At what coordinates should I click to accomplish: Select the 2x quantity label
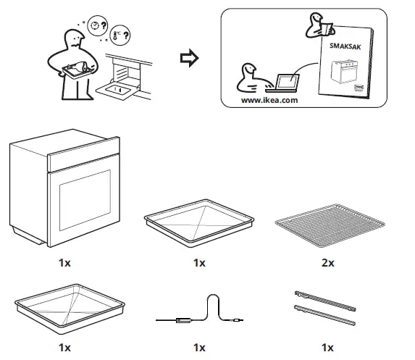[x=327, y=263]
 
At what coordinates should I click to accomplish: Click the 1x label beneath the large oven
[x=64, y=263]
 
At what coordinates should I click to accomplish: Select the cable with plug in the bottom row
[x=199, y=311]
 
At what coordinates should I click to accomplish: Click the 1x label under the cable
[x=199, y=347]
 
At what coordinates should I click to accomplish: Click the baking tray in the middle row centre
[x=198, y=224]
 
